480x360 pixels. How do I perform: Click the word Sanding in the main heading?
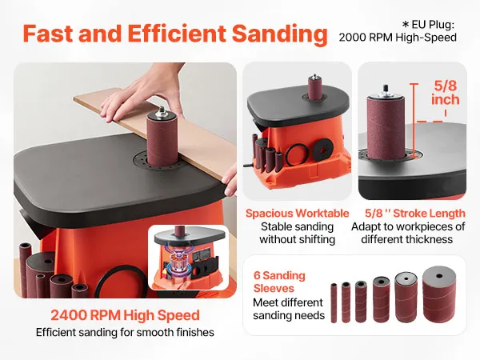[279, 34]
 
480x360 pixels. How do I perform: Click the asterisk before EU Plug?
[406, 24]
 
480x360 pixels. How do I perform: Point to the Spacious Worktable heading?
[297, 214]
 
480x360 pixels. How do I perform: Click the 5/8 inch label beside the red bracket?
[446, 93]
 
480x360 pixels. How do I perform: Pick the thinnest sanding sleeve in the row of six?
[334, 303]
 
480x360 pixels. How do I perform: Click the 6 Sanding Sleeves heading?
[279, 282]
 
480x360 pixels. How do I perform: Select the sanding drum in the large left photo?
[162, 139]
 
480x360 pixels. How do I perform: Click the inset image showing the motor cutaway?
[189, 257]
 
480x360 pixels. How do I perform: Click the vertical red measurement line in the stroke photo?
[414, 120]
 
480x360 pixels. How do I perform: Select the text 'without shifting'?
[297, 239]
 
